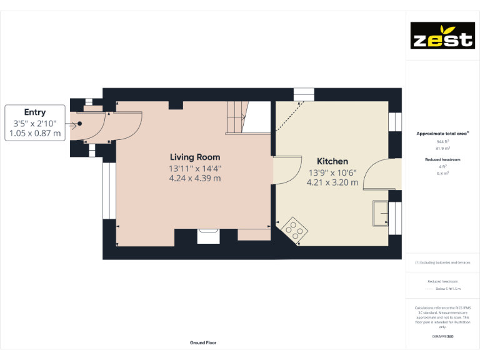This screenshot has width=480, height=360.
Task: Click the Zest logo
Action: point(442,36)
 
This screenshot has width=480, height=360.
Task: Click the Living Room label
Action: point(195,157)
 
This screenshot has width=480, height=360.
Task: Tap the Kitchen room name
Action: point(332,161)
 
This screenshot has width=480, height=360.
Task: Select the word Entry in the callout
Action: point(35,112)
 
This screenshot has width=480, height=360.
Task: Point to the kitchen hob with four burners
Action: point(294,229)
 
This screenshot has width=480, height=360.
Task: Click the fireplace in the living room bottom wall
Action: point(206,236)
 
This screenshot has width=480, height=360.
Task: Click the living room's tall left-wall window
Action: point(107,190)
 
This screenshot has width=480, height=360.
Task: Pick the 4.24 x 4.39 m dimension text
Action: point(195,178)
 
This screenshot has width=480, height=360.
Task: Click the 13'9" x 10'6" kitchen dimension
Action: point(332,172)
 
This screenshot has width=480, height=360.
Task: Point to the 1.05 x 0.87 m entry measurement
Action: point(35,133)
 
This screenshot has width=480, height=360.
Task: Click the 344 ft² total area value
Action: point(442,142)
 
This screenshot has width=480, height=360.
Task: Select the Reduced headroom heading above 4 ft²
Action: point(442,160)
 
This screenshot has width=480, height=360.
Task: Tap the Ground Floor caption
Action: point(203,342)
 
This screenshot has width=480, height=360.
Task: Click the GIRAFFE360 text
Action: point(442,336)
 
